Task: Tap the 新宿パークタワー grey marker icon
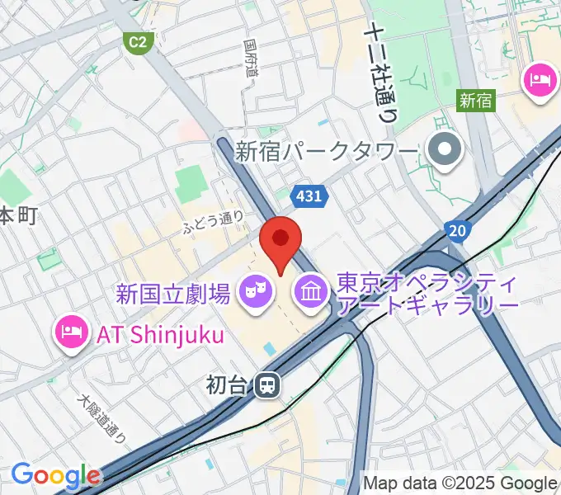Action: [x=446, y=149]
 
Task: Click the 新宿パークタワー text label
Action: [x=328, y=152]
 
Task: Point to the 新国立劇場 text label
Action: [x=172, y=292]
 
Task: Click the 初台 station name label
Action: [x=227, y=384]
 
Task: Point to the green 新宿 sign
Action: [x=475, y=101]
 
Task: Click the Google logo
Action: [x=55, y=476]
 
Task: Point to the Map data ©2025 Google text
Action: [x=460, y=483]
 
